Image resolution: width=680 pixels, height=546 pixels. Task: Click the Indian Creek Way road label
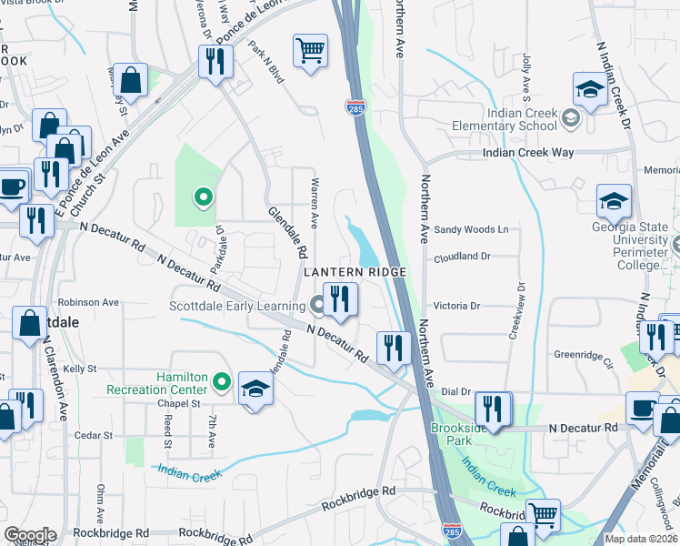pyautogui.click(x=528, y=153)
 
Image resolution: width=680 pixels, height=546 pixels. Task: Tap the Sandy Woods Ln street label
pyautogui.click(x=471, y=230)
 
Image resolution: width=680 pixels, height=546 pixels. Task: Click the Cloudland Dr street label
pyautogui.click(x=463, y=257)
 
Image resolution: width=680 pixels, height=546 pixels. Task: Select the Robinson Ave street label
pyautogui.click(x=88, y=302)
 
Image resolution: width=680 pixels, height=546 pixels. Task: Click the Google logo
pyautogui.click(x=29, y=535)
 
